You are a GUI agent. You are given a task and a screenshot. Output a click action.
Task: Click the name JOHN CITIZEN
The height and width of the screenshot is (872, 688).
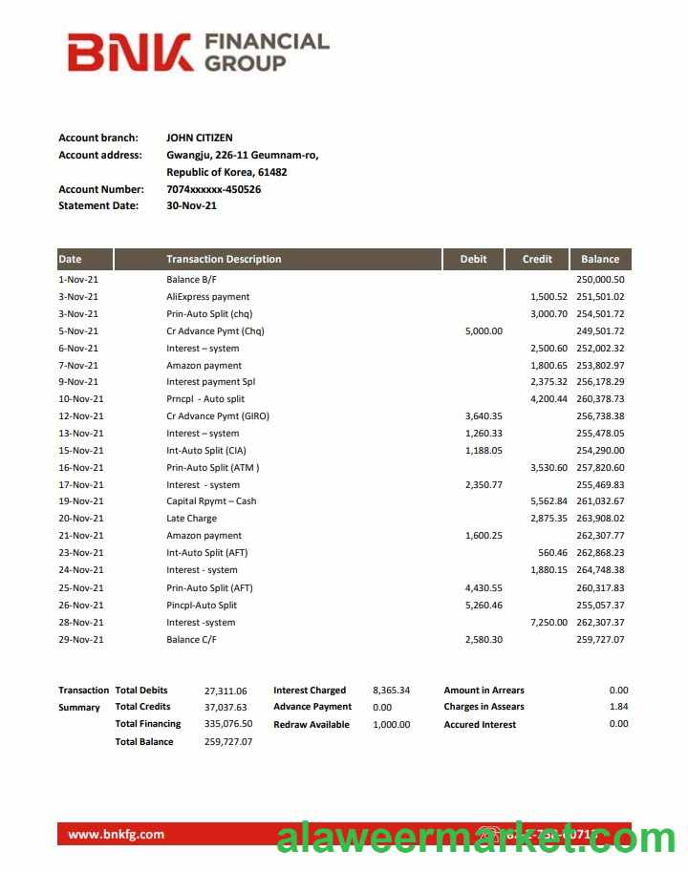tap(199, 138)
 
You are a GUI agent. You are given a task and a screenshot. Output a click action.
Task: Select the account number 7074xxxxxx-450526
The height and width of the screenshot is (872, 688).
tap(213, 189)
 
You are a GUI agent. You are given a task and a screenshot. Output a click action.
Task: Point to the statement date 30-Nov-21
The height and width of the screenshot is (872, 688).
tap(191, 205)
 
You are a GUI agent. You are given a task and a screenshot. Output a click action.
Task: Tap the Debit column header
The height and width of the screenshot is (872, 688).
tap(473, 259)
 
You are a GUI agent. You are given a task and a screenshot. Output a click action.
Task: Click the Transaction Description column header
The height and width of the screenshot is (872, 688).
tap(224, 259)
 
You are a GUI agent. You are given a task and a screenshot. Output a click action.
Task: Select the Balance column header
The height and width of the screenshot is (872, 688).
tap(600, 259)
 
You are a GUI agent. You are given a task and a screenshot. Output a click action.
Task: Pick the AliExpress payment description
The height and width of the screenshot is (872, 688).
tap(207, 297)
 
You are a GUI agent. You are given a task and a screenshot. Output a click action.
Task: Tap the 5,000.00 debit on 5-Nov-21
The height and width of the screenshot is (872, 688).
tap(484, 331)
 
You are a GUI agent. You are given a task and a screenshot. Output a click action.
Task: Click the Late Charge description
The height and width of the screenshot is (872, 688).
tap(191, 519)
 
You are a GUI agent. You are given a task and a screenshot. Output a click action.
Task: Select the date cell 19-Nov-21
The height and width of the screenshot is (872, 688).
tap(81, 501)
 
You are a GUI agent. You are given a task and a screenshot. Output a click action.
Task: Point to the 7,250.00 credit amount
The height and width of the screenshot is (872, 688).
tap(548, 623)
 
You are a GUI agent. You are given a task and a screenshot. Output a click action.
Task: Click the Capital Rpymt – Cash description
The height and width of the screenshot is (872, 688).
tap(211, 501)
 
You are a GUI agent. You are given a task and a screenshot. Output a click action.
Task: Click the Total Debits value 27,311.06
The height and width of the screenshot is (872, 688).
tap(226, 691)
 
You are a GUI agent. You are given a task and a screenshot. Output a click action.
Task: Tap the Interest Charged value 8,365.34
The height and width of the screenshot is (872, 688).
tap(391, 691)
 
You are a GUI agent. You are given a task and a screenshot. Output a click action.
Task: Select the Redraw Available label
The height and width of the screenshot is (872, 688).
tap(312, 725)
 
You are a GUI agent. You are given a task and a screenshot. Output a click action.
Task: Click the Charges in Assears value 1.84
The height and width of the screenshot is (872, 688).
tap(618, 707)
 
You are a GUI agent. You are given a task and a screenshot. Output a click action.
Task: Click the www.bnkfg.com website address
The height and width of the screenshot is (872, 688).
tap(116, 834)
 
